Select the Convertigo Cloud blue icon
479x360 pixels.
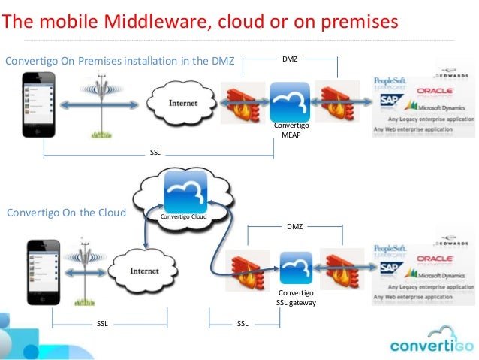pyautogui.click(x=185, y=193)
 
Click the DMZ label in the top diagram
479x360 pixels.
pyautogui.click(x=288, y=58)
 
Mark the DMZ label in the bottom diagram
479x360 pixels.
pyautogui.click(x=295, y=225)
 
